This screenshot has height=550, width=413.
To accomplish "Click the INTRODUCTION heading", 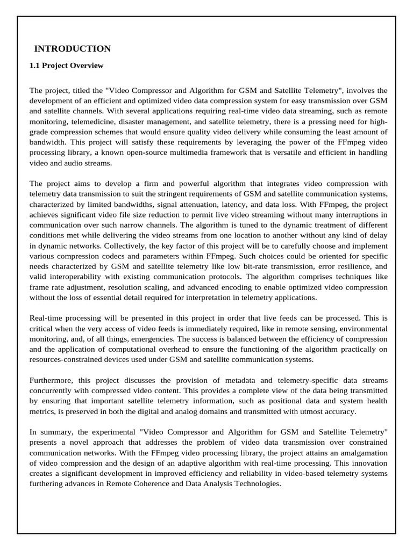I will click(73, 49).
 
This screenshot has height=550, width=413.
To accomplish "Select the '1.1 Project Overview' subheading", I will click(66, 66).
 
